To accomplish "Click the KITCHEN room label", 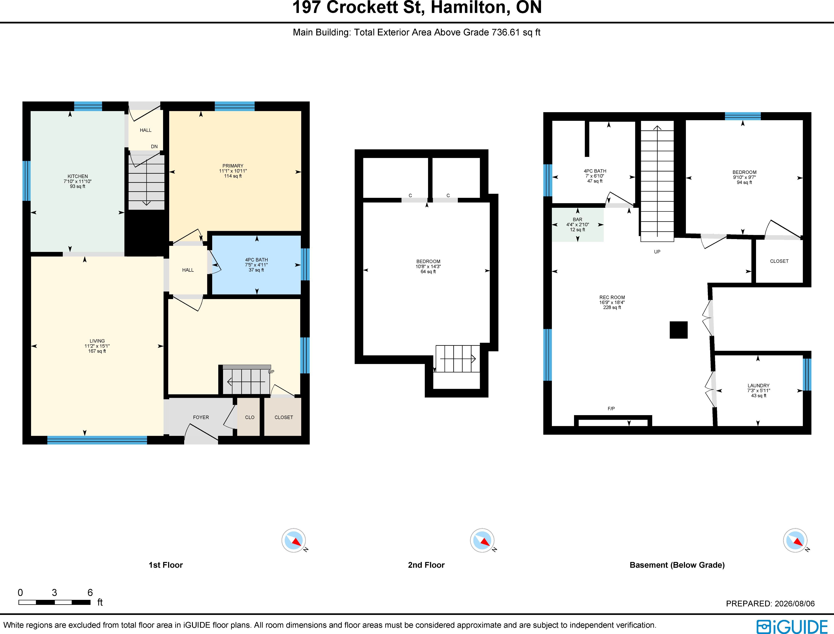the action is click(x=78, y=176).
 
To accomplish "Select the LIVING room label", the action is click(x=97, y=341).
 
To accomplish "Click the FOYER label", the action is click(x=201, y=417).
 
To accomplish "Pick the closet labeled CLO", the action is click(x=250, y=417).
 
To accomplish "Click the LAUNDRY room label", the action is click(x=759, y=386).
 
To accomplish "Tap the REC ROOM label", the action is click(x=612, y=297).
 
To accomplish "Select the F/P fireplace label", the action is click(x=611, y=409).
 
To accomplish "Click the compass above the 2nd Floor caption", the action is click(x=482, y=540).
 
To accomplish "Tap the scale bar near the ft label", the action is click(x=55, y=602).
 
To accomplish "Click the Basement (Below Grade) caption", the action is click(x=677, y=565).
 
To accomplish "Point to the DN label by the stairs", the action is click(x=154, y=146).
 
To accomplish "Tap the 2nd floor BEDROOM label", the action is click(x=428, y=261).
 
